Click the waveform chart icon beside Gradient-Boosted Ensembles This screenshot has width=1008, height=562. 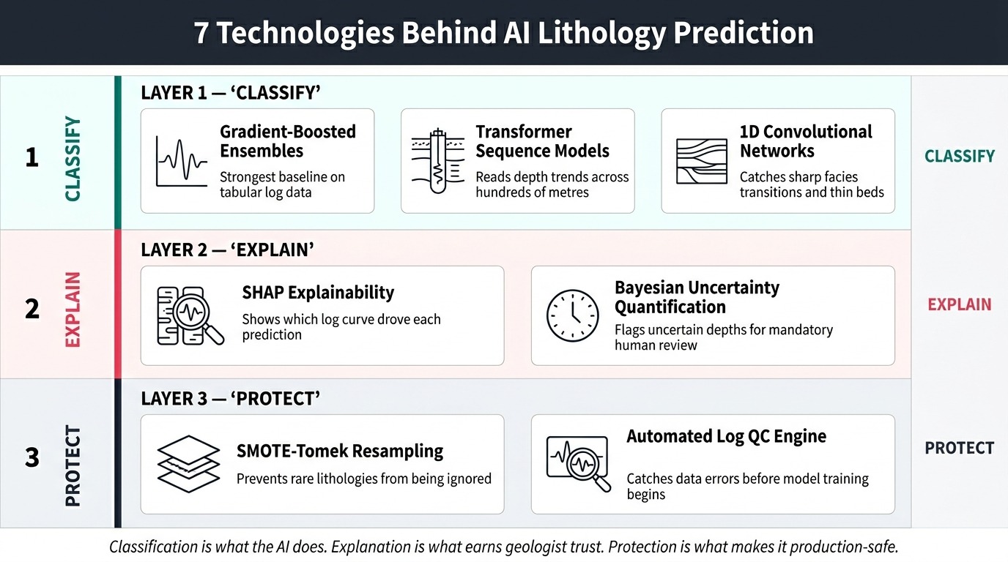pyautogui.click(x=182, y=161)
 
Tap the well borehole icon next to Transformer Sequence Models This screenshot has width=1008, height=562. pyautogui.click(x=437, y=161)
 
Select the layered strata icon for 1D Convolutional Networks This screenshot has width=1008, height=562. pyautogui.click(x=701, y=161)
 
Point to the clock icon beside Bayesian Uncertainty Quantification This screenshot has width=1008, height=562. pyautogui.click(x=572, y=315)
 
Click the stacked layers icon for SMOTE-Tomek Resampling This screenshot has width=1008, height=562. pyautogui.click(x=188, y=463)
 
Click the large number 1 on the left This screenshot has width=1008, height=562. pyautogui.click(x=31, y=158)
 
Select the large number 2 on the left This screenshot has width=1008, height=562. pyautogui.click(x=31, y=309)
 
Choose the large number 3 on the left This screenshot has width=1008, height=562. pyautogui.click(x=31, y=458)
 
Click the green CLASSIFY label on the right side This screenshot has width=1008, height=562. pyautogui.click(x=959, y=156)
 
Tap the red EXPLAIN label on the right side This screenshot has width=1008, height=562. pyautogui.click(x=959, y=304)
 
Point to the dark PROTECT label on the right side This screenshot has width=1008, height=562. pyautogui.click(x=959, y=448)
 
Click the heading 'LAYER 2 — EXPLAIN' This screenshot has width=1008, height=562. pyautogui.click(x=227, y=250)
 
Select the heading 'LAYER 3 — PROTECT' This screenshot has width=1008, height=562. pyautogui.click(x=230, y=399)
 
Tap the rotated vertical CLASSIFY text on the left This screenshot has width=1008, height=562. pyautogui.click(x=73, y=159)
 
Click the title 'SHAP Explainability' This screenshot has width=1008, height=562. pyautogui.click(x=318, y=293)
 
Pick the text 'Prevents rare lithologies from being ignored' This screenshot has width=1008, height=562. pyautogui.click(x=363, y=479)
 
